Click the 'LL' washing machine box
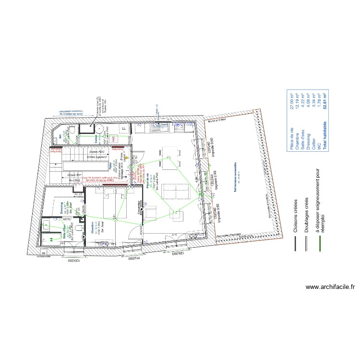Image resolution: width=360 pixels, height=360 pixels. pyautogui.click(x=124, y=129)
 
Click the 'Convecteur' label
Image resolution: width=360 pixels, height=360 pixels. pyautogui.click(x=141, y=207)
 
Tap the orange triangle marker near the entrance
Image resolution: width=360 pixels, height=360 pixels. pyautogui.click(x=128, y=157)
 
